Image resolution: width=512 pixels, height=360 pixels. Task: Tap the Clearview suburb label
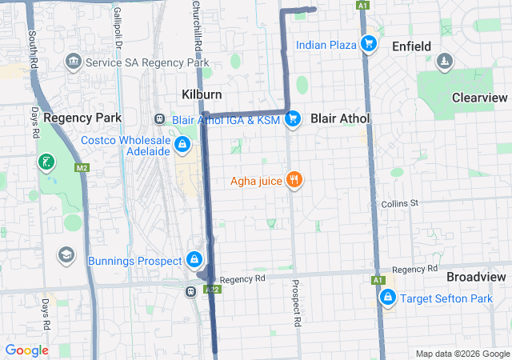click(479, 97)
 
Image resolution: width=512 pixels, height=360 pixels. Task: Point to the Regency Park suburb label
click(82, 118)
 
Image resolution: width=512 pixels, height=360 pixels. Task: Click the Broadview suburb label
click(475, 276)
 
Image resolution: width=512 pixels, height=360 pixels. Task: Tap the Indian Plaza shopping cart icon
click(368, 44)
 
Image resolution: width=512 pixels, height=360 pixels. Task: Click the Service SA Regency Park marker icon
click(74, 62)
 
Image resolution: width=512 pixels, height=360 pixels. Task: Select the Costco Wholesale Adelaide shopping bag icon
click(183, 144)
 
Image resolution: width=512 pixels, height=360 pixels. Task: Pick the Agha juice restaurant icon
click(295, 180)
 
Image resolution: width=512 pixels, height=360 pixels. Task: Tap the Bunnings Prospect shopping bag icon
click(194, 260)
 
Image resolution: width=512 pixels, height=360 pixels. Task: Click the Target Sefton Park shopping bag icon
click(388, 298)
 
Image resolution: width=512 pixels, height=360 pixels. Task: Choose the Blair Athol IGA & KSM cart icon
click(293, 119)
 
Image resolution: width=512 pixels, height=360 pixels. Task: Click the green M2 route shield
click(82, 168)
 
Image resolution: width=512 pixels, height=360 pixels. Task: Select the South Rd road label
click(33, 50)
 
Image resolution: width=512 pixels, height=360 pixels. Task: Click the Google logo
click(26, 350)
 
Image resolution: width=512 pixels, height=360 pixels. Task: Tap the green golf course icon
click(46, 162)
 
